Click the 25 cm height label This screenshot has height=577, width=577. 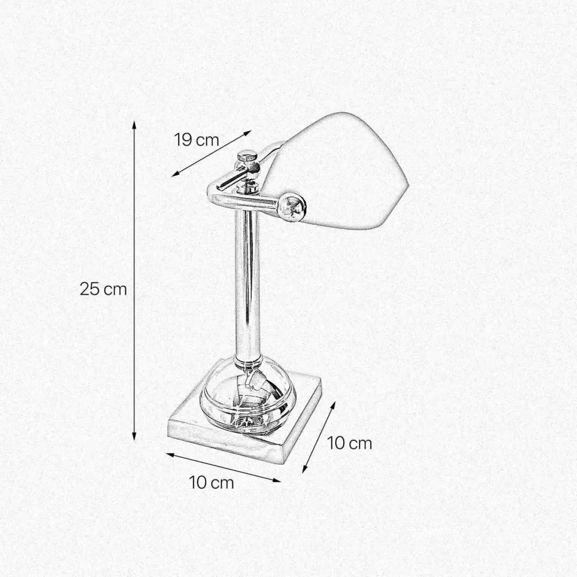(103, 288)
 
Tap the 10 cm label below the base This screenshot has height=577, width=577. (212, 482)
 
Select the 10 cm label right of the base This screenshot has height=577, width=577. (350, 443)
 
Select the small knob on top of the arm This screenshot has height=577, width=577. (246, 157)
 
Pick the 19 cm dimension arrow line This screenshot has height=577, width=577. (212, 153)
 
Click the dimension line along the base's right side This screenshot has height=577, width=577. (319, 437)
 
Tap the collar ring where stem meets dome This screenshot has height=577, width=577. (247, 358)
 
